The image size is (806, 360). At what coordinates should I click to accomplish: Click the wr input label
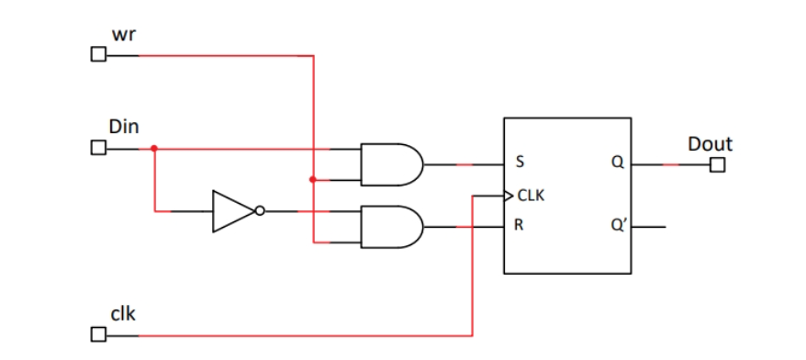tap(125, 34)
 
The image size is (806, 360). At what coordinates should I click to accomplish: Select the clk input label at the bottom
tap(124, 314)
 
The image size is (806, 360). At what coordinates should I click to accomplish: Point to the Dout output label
tap(710, 144)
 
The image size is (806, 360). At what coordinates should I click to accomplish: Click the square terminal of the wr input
tap(97, 56)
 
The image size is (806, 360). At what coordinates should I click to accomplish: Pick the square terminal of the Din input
tap(97, 148)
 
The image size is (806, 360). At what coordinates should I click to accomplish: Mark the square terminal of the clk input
tap(97, 335)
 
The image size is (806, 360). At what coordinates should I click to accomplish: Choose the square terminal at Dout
tap(717, 165)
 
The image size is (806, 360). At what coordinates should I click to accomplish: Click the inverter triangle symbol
tap(232, 211)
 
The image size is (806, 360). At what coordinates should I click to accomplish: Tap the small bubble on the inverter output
tap(260, 211)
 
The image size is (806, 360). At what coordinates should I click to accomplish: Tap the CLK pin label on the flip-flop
tap(532, 196)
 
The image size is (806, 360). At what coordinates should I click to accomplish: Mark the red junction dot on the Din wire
tap(154, 148)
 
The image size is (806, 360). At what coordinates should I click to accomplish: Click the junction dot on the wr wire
tap(314, 180)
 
